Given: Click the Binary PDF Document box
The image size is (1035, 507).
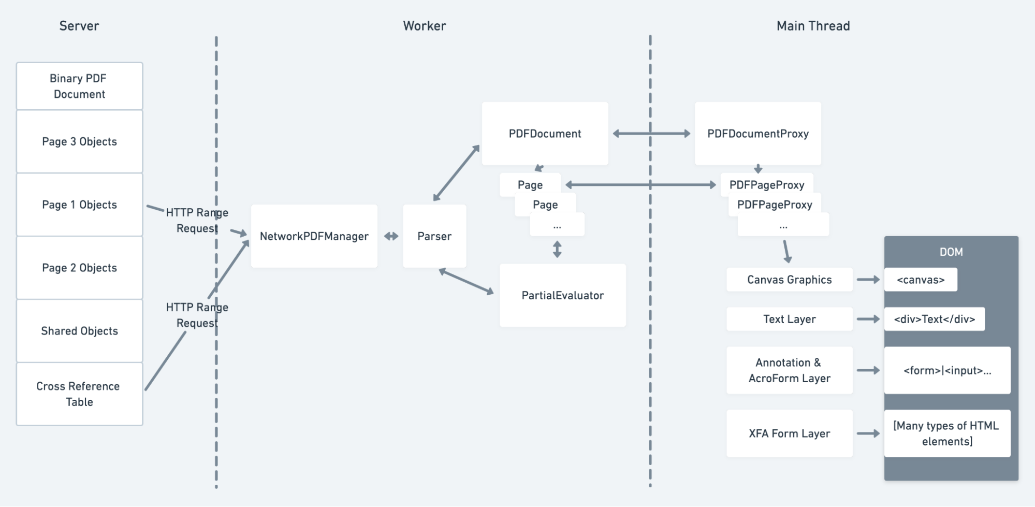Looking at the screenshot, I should pyautogui.click(x=79, y=86).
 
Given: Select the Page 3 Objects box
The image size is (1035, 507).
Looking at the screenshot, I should pyautogui.click(x=79, y=141).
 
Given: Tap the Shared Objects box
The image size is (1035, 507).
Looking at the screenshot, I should pyautogui.click(x=79, y=330).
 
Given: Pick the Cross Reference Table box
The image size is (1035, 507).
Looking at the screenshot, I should pyautogui.click(x=79, y=394).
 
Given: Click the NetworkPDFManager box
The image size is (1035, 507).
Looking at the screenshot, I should pyautogui.click(x=314, y=236).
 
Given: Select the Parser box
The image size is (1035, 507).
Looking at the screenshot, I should pyautogui.click(x=434, y=236).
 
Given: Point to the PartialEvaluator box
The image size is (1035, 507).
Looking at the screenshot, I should pyautogui.click(x=562, y=295).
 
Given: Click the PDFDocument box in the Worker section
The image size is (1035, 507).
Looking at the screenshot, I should pyautogui.click(x=545, y=134).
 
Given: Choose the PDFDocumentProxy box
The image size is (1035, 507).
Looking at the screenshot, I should pyautogui.click(x=757, y=134).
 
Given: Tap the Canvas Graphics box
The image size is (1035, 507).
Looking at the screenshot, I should pyautogui.click(x=789, y=280).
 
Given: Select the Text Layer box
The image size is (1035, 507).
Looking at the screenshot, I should pyautogui.click(x=789, y=319).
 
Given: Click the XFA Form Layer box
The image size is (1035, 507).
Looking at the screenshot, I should pyautogui.click(x=789, y=433).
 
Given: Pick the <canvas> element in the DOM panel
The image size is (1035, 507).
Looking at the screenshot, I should pyautogui.click(x=921, y=280).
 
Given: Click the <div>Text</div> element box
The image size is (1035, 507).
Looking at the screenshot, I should pyautogui.click(x=934, y=319).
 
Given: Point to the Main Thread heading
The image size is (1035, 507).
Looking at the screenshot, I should pyautogui.click(x=813, y=26).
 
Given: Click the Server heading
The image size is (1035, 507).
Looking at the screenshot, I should pyautogui.click(x=79, y=26).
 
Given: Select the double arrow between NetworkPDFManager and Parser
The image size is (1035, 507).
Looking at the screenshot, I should pyautogui.click(x=391, y=236).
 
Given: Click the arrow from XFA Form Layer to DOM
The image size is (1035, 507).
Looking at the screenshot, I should pyautogui.click(x=868, y=433).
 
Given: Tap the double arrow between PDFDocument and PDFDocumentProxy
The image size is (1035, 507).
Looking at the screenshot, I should pyautogui.click(x=651, y=134).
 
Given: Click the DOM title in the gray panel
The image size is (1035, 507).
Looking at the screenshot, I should pyautogui.click(x=951, y=252).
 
